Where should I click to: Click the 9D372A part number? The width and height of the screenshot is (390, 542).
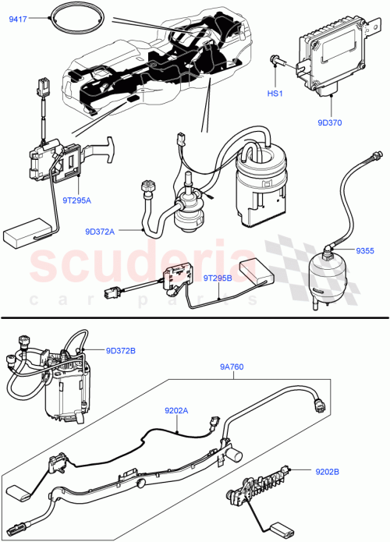point(100,231)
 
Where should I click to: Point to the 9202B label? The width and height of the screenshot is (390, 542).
point(331,471)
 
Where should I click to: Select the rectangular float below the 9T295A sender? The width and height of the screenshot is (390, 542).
point(23,235)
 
